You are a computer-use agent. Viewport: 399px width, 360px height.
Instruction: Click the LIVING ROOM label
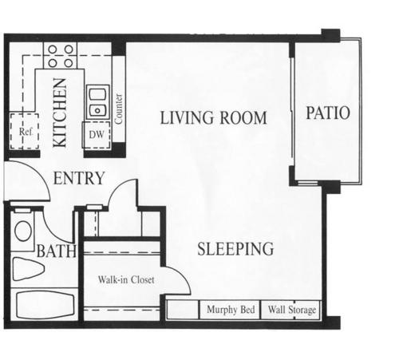tap(213, 118)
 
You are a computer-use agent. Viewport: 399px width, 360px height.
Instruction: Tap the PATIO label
tap(328, 113)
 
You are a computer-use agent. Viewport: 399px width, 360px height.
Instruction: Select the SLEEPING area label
tap(235, 249)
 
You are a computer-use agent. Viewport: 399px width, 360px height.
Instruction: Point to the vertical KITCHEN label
tap(60, 113)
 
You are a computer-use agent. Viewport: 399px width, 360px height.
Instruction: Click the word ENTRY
tap(79, 178)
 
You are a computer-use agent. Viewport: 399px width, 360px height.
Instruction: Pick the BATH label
tap(57, 251)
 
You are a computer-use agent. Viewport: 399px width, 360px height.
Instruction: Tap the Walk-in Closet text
tap(126, 279)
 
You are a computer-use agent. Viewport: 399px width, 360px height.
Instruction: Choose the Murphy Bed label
tap(231, 310)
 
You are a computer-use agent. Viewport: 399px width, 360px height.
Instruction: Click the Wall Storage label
tap(292, 310)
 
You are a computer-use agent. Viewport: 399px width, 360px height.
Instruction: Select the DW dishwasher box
tap(97, 135)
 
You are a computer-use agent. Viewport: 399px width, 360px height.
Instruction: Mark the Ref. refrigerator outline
tap(24, 131)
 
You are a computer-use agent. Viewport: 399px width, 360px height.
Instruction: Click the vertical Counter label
tap(119, 109)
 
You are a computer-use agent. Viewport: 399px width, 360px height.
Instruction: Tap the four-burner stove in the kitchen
tap(61, 56)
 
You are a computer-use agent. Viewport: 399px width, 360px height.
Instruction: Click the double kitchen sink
tap(98, 102)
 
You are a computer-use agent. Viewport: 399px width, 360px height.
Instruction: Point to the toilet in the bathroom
tap(27, 269)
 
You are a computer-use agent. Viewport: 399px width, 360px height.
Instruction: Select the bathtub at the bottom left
tap(45, 306)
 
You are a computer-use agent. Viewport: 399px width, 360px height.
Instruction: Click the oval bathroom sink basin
tap(23, 231)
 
